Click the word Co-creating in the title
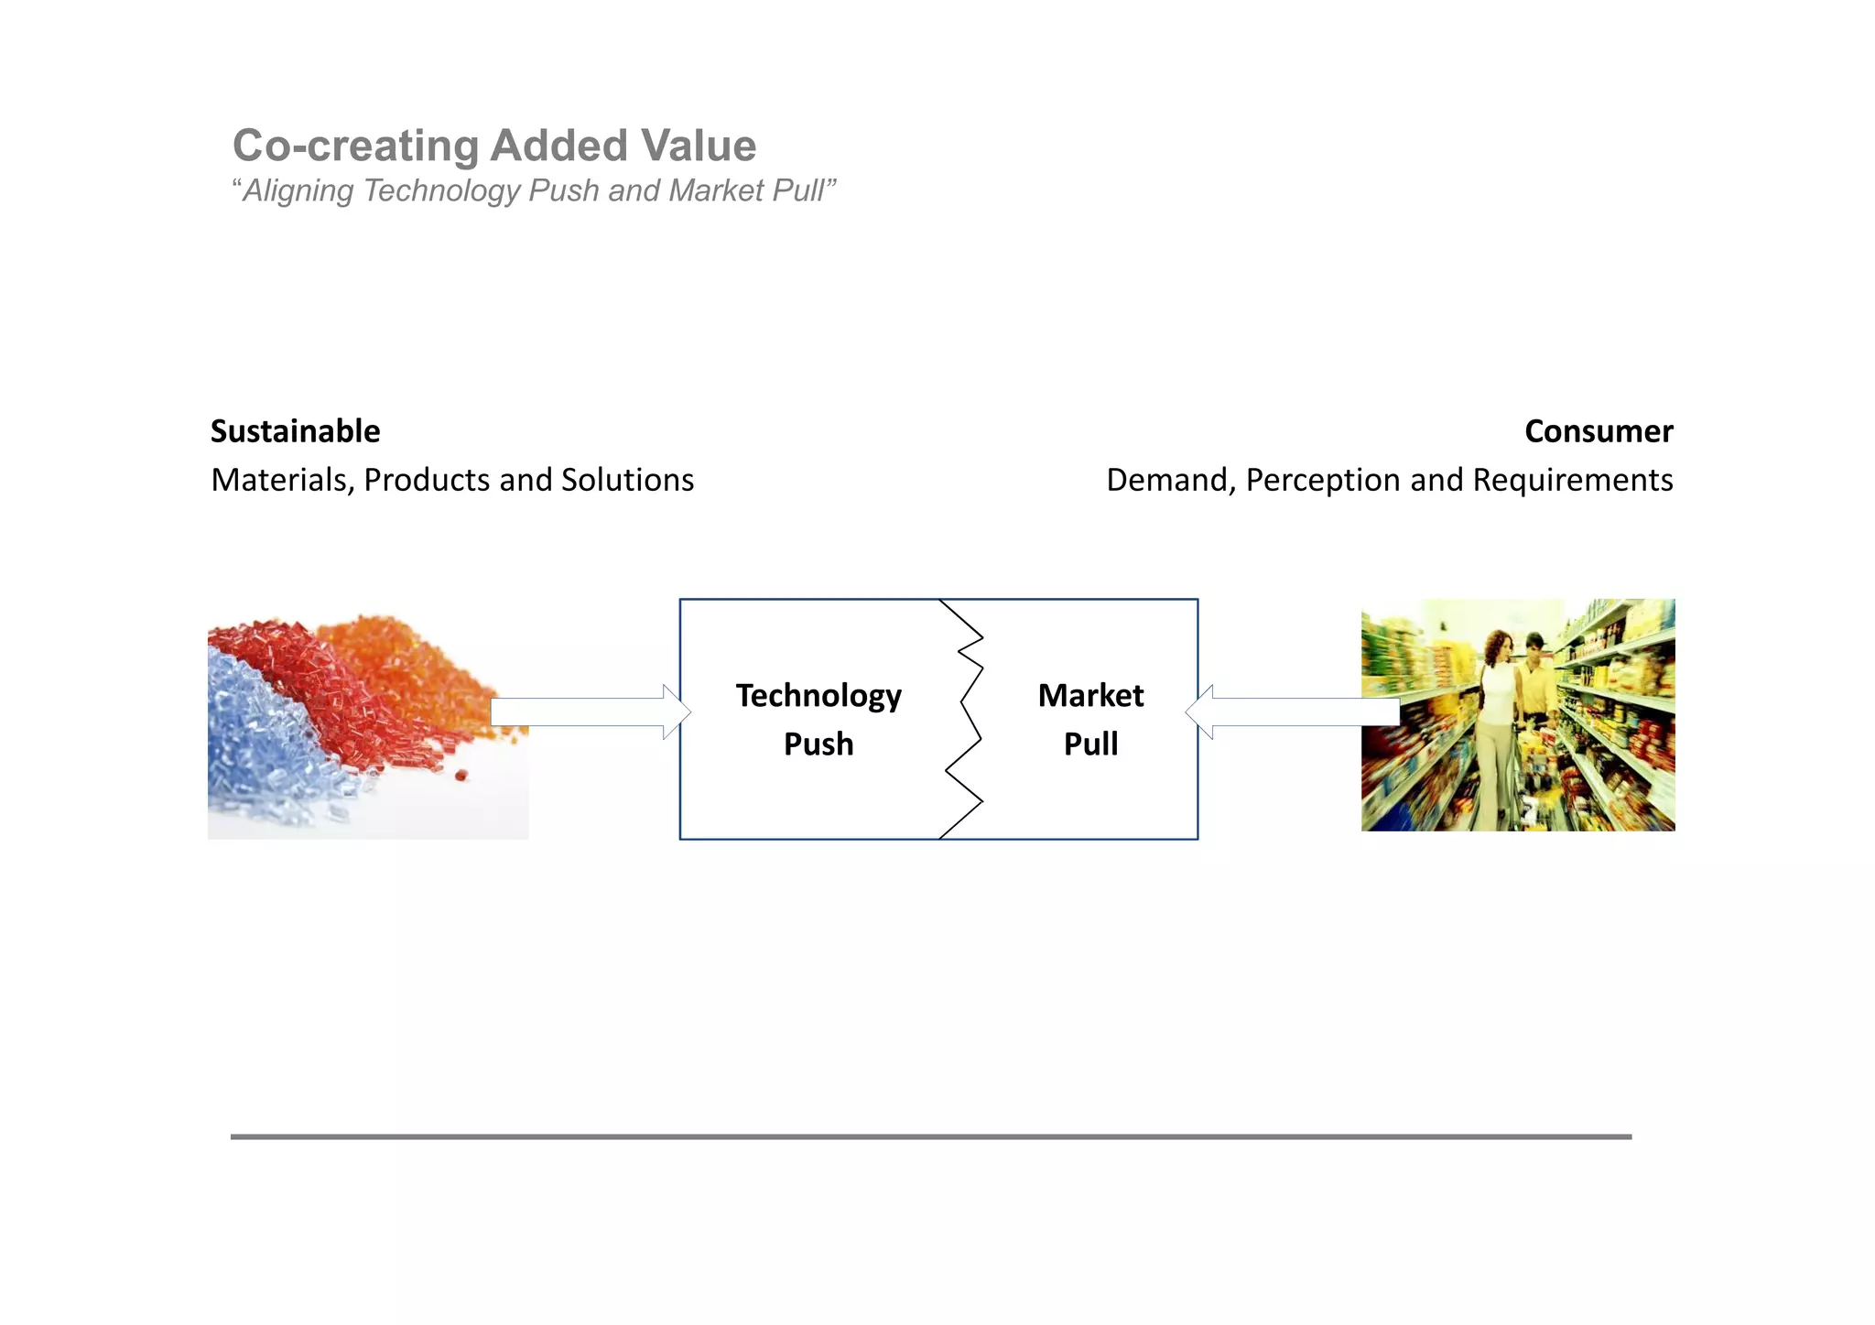(355, 147)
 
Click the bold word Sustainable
(295, 431)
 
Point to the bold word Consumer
(1598, 431)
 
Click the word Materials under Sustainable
(282, 480)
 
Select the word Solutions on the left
(627, 480)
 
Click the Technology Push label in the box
(818, 720)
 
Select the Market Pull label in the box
(1090, 720)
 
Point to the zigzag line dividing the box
(963, 720)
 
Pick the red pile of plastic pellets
(339, 696)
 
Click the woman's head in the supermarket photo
(1499, 646)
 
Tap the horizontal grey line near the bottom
(930, 1136)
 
